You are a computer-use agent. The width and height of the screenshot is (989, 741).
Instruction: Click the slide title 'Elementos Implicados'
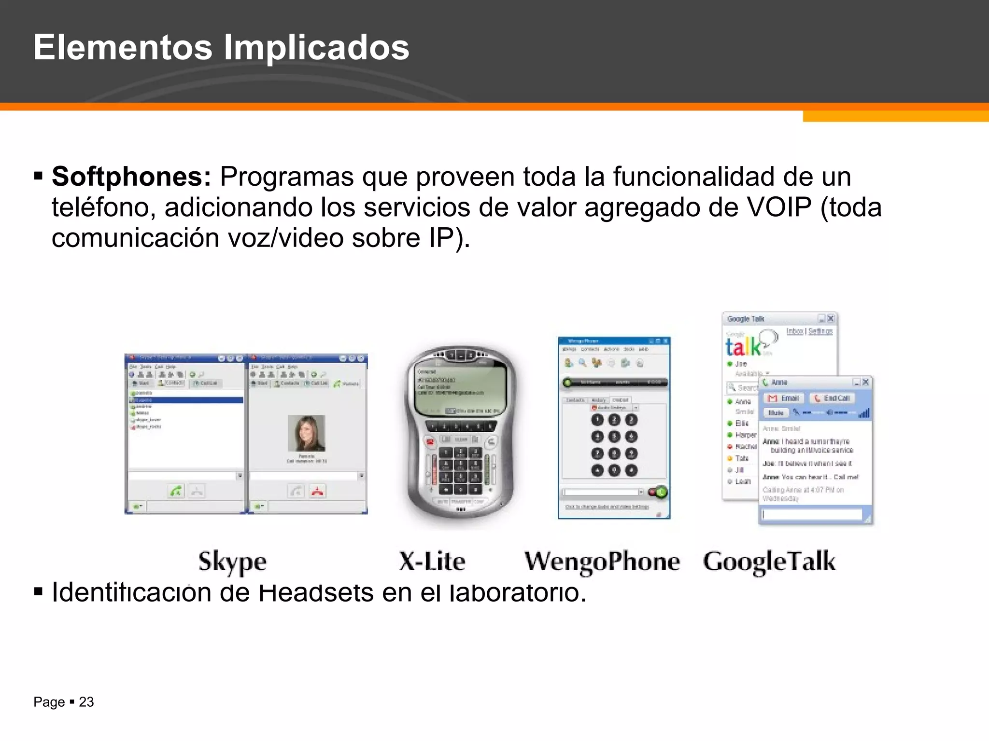point(221,47)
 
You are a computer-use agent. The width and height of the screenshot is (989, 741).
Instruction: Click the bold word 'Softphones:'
point(131,177)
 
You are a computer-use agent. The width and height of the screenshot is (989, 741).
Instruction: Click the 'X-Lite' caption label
point(432,561)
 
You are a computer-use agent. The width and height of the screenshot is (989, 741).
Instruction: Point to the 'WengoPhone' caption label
point(602,562)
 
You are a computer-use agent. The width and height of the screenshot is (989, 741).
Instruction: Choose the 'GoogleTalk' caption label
point(769,562)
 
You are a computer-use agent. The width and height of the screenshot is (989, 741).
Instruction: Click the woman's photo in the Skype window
point(306,433)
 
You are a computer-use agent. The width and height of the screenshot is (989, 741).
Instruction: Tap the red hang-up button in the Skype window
point(317,491)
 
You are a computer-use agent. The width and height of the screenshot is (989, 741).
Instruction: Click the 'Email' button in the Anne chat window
point(784,398)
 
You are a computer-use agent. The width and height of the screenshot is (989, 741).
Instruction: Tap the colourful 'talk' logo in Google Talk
point(744,346)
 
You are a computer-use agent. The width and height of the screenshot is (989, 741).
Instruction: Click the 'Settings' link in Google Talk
point(820,331)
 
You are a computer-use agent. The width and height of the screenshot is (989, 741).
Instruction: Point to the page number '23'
point(86,702)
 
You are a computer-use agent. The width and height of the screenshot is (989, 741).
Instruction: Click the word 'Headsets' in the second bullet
point(316,592)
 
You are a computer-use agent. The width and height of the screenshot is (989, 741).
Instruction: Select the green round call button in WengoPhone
point(661,492)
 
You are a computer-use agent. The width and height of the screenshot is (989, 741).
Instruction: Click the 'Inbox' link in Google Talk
point(794,331)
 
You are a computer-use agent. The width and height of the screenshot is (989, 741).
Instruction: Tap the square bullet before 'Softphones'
point(39,176)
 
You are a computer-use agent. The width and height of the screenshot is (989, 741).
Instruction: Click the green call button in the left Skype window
point(176,491)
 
